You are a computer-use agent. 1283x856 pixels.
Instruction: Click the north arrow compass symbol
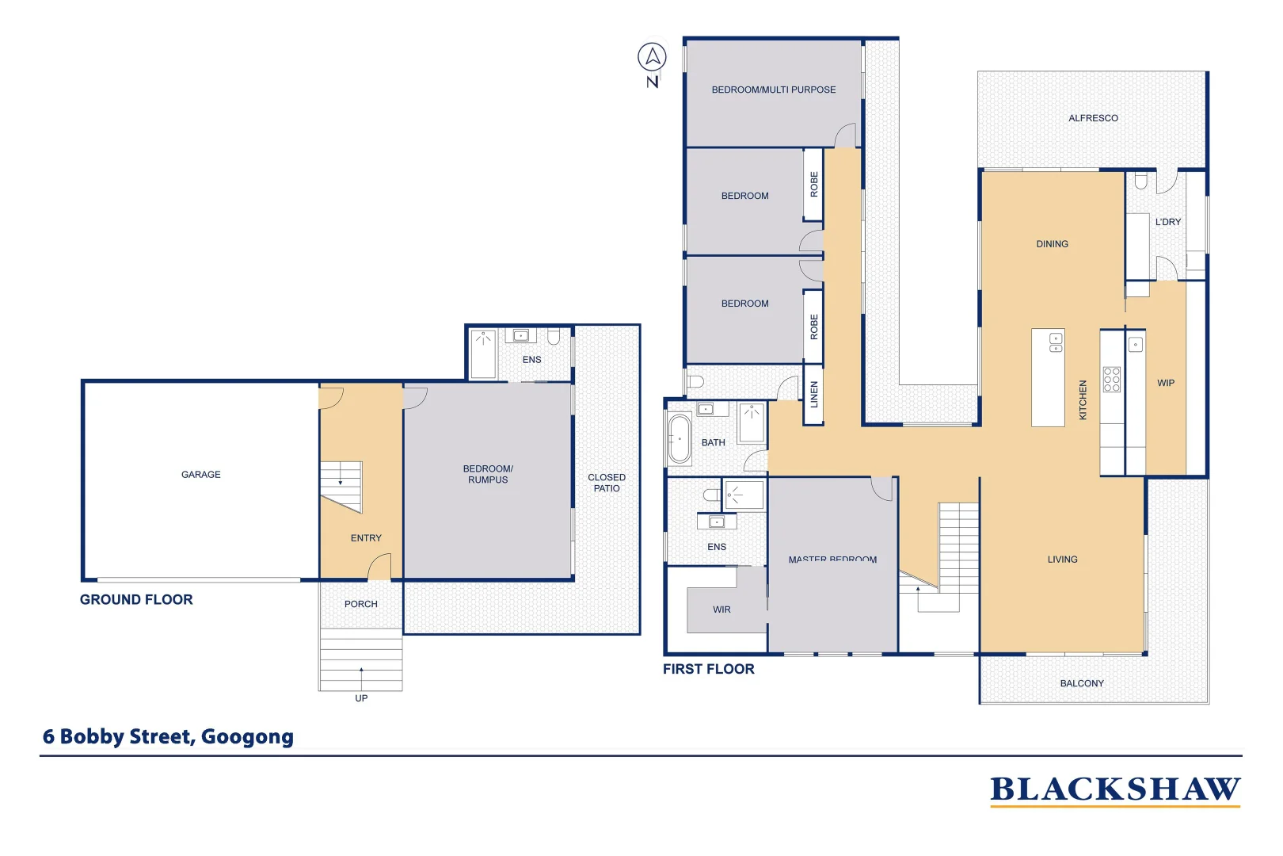coord(652,58)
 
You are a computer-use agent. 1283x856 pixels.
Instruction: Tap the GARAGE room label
coord(200,475)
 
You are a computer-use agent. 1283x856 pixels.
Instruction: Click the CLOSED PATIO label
coord(607,483)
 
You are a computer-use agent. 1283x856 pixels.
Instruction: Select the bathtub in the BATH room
coord(680,439)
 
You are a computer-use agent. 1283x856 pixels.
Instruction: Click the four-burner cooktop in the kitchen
coord(1111,379)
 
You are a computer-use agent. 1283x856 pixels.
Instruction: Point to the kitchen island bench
coord(1047,378)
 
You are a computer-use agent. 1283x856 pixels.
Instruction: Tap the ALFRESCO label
coord(1093,118)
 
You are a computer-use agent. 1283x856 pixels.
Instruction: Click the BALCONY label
coord(1081,683)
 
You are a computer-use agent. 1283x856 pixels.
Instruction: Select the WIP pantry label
coord(1165,383)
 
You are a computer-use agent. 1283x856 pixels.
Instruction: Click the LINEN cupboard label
coord(813,395)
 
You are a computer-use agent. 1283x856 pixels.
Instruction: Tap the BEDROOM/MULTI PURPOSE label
coord(773,90)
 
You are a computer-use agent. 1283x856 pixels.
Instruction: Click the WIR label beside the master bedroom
coord(721,610)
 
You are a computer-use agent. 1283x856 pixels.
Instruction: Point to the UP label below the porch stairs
coord(361,698)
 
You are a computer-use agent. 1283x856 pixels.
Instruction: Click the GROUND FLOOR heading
coord(136,600)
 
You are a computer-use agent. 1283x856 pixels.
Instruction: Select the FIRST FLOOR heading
coord(708,669)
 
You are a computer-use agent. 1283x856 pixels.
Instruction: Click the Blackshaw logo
coord(1114,789)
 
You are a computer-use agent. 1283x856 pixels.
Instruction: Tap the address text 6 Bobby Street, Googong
coord(168,736)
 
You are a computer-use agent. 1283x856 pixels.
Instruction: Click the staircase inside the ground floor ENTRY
coord(341,484)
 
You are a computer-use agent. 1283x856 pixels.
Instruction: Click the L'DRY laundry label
coord(1167,222)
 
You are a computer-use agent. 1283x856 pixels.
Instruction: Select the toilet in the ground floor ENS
coord(554,337)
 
